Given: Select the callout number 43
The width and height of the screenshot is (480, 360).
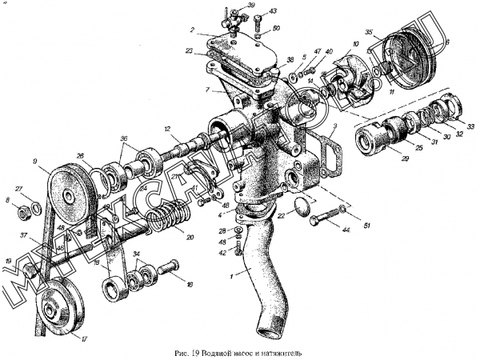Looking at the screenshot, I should click(x=274, y=12).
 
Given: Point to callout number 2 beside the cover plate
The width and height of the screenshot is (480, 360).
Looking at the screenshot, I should click(x=193, y=31).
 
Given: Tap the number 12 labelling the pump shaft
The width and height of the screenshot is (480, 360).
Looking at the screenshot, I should click(x=168, y=129).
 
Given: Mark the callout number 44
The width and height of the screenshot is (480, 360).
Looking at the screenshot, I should click(x=346, y=230).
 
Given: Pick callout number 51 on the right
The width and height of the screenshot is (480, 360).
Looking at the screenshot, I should click(x=367, y=226).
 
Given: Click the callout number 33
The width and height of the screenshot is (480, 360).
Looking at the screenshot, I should click(x=470, y=126).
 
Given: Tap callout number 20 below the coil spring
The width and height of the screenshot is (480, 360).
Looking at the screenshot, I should click(x=190, y=238).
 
